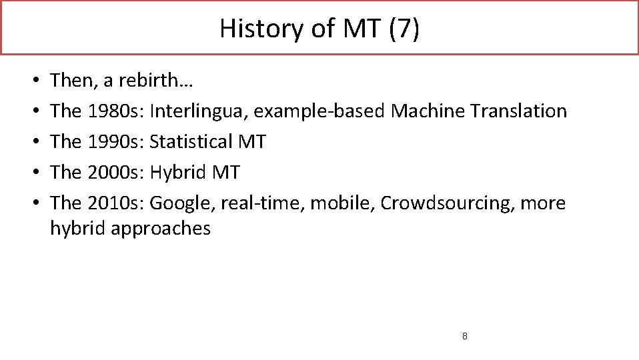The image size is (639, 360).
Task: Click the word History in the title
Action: point(251,29)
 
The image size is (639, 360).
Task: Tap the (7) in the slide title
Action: point(406,29)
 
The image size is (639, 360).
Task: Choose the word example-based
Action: point(319,111)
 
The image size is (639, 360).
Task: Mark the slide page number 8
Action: point(464,336)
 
